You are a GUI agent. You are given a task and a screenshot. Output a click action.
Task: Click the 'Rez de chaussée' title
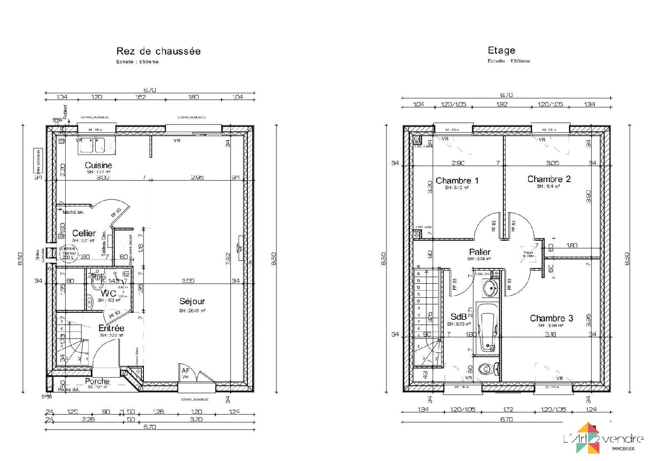(x=158, y=51)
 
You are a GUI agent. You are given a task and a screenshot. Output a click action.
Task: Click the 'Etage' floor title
(x=501, y=50)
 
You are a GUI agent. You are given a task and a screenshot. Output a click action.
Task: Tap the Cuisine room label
(x=98, y=165)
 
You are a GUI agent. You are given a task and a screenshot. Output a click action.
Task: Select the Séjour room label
(x=192, y=301)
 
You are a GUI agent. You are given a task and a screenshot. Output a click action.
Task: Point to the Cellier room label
(x=84, y=233)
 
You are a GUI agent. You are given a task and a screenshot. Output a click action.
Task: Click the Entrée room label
(x=111, y=328)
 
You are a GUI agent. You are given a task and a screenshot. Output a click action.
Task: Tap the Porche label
(x=97, y=381)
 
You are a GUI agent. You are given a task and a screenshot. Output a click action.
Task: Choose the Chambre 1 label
(x=457, y=180)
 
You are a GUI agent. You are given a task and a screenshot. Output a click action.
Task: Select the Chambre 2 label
(x=549, y=179)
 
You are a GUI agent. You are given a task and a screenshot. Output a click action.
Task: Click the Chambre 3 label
(x=551, y=318)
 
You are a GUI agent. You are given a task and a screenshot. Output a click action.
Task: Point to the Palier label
(x=479, y=252)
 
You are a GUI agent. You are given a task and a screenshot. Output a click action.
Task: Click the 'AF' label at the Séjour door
(x=186, y=371)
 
